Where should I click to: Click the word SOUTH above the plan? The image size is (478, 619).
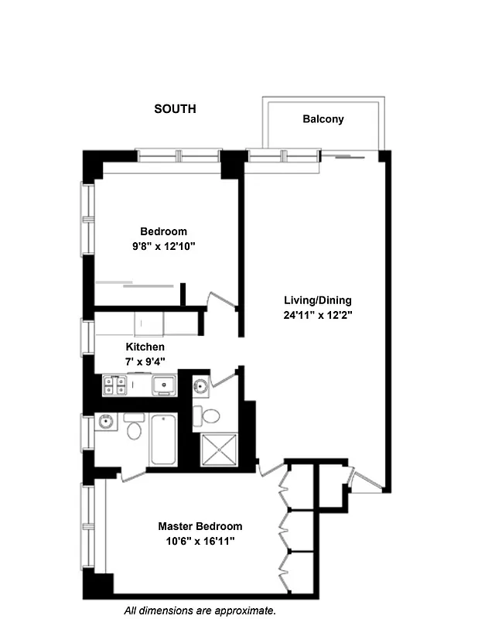tap(175, 109)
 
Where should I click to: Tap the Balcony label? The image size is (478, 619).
tap(323, 119)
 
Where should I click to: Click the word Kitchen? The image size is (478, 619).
tap(145, 347)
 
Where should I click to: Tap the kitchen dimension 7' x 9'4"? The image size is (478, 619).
tap(145, 361)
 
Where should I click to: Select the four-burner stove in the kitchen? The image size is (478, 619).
tap(114, 385)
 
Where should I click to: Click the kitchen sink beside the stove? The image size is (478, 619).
tap(162, 385)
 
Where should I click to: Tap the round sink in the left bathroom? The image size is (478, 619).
tap(105, 422)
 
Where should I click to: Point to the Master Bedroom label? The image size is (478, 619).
tap(200, 526)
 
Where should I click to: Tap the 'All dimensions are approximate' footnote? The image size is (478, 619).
tap(200, 610)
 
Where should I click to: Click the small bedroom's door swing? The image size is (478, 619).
tap(223, 302)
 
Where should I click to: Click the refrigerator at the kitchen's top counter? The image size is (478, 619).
tap(149, 321)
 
